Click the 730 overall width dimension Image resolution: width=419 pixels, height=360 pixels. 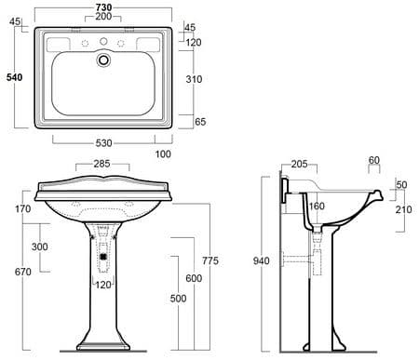(103, 7)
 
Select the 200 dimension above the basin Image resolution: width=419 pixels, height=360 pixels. (103, 17)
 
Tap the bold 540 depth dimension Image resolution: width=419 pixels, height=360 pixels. (15, 77)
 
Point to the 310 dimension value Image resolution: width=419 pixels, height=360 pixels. (194, 79)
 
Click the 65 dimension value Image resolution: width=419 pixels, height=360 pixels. (200, 122)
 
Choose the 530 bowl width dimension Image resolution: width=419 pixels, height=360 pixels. (103, 143)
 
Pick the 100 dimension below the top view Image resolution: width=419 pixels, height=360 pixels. (163, 153)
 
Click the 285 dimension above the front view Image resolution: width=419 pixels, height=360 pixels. (101, 164)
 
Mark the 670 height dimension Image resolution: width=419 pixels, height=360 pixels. (23, 272)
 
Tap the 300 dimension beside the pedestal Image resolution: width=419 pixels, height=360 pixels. (40, 247)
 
